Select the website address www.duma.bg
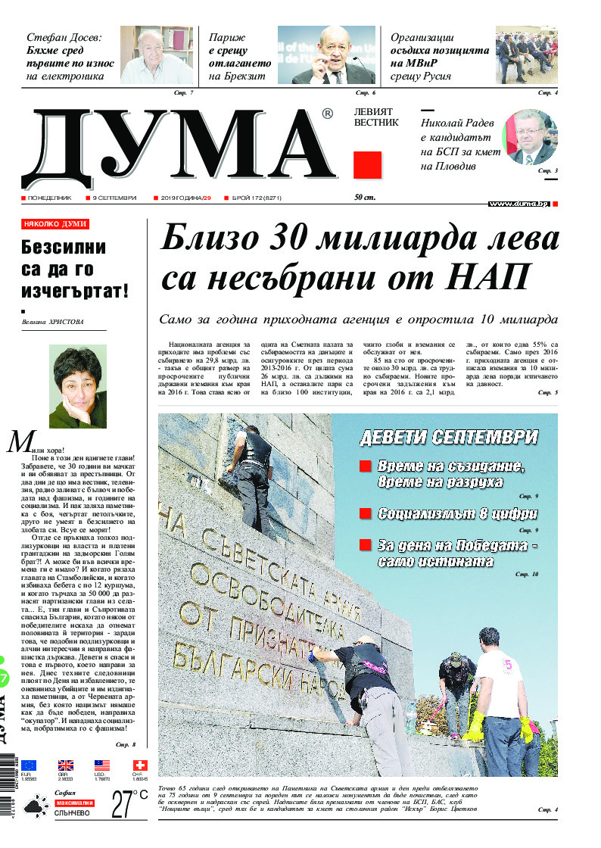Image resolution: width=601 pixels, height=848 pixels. click(518, 204)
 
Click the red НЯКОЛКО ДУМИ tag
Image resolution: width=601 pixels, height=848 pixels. click(55, 225)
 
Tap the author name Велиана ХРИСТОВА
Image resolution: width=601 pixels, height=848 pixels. click(52, 323)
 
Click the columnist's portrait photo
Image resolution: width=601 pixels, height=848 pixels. click(78, 387)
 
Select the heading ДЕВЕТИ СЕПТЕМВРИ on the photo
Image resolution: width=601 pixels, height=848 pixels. click(449, 438)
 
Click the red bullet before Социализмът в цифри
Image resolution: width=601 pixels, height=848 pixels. click(365, 514)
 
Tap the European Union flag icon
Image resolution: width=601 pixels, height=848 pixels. click(29, 765)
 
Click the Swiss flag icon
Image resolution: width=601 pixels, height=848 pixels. click(140, 765)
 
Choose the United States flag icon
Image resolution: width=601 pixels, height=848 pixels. click(102, 765)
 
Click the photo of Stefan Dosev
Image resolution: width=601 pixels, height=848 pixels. click(156, 56)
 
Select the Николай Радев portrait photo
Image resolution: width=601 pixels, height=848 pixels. click(530, 137)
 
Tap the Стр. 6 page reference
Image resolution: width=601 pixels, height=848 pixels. click(366, 92)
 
